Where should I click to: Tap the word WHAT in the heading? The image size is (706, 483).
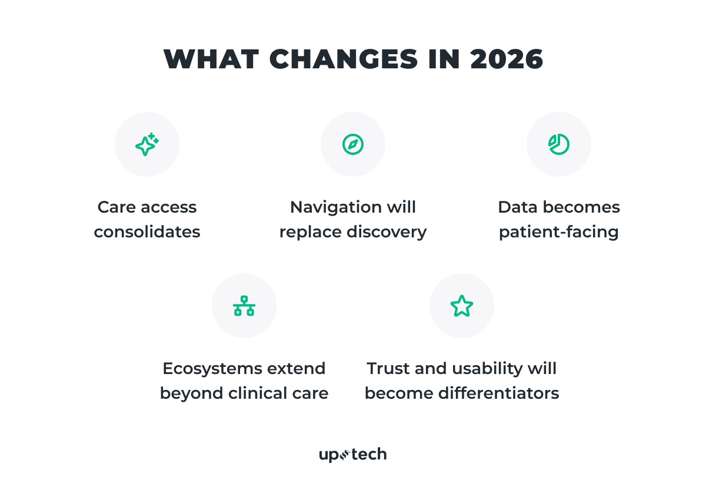pyautogui.click(x=210, y=59)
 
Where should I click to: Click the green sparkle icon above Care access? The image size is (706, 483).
pyautogui.click(x=147, y=144)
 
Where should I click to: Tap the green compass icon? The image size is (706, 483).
pyautogui.click(x=353, y=144)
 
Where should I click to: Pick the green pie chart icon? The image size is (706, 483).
pyautogui.click(x=559, y=144)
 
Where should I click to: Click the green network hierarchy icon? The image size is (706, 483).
pyautogui.click(x=244, y=306)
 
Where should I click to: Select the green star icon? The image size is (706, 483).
pyautogui.click(x=462, y=306)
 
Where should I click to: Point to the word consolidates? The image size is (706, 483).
pyautogui.click(x=147, y=232)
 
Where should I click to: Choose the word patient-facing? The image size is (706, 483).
pyautogui.click(x=559, y=232)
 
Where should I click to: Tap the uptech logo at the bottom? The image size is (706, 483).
pyautogui.click(x=353, y=454)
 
